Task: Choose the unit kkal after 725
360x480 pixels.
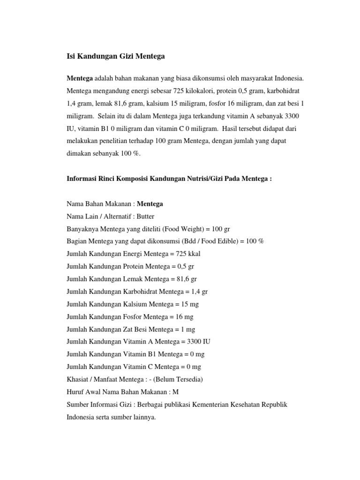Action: (194, 254)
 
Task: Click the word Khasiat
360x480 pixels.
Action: (79, 379)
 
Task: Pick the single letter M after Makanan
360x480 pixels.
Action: (175, 392)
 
